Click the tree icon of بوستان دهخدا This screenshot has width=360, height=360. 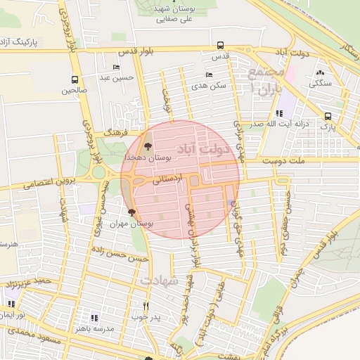pyautogui.click(x=148, y=147)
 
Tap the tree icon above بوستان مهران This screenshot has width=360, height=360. pyautogui.click(x=131, y=211)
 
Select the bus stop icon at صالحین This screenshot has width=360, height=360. pyautogui.click(x=75, y=79)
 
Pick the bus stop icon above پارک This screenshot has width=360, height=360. pyautogui.click(x=328, y=117)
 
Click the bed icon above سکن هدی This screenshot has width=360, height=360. pyautogui.click(x=207, y=75)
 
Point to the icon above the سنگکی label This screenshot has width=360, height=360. pyautogui.click(x=320, y=72)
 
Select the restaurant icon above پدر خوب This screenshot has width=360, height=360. pyautogui.click(x=146, y=306)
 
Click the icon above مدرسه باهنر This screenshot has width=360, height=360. pyautogui.click(x=96, y=317)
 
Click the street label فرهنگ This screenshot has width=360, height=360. pyautogui.click(x=113, y=131)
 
